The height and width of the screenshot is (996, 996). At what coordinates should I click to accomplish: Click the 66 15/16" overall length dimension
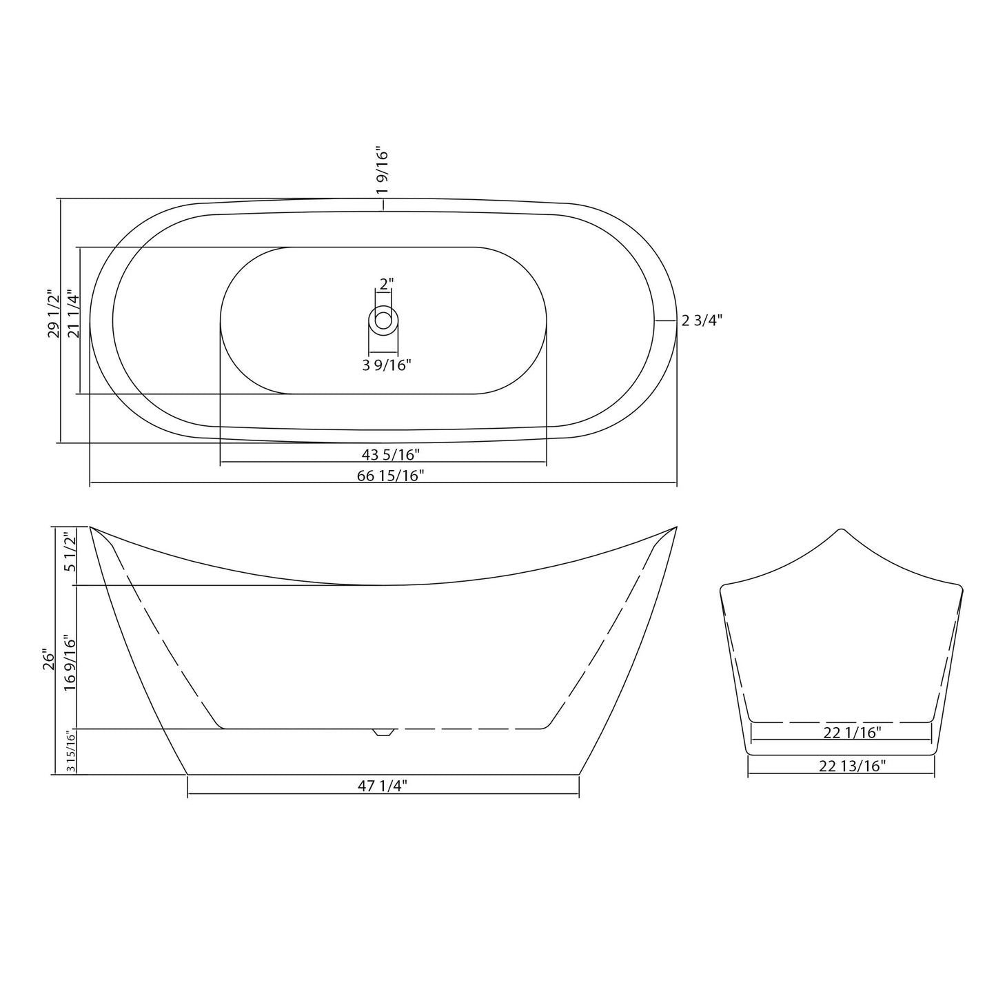click(390, 475)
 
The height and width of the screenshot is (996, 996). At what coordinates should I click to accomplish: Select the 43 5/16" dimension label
click(390, 454)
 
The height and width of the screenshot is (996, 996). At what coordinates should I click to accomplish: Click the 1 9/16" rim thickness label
click(383, 170)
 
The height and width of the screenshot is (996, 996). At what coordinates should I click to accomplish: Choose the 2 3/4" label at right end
click(702, 321)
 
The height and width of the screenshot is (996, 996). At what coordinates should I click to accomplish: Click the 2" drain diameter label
click(386, 283)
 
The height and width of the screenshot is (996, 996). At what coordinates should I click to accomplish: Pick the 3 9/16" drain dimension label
click(387, 365)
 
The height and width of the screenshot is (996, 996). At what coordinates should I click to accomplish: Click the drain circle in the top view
click(383, 320)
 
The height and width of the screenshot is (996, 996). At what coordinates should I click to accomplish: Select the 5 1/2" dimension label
click(69, 553)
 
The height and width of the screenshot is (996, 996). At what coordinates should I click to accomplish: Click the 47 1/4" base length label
click(383, 786)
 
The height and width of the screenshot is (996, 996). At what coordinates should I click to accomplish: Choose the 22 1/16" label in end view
click(852, 733)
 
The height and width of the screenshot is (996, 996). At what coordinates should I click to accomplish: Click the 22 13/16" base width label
click(852, 765)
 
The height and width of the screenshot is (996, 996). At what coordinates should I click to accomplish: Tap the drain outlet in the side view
click(383, 732)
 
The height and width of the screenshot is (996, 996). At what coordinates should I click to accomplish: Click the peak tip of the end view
click(840, 530)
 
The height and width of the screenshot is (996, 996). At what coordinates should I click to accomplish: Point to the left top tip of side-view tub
click(91, 527)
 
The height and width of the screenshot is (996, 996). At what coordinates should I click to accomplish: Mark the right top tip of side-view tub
click(676, 527)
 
